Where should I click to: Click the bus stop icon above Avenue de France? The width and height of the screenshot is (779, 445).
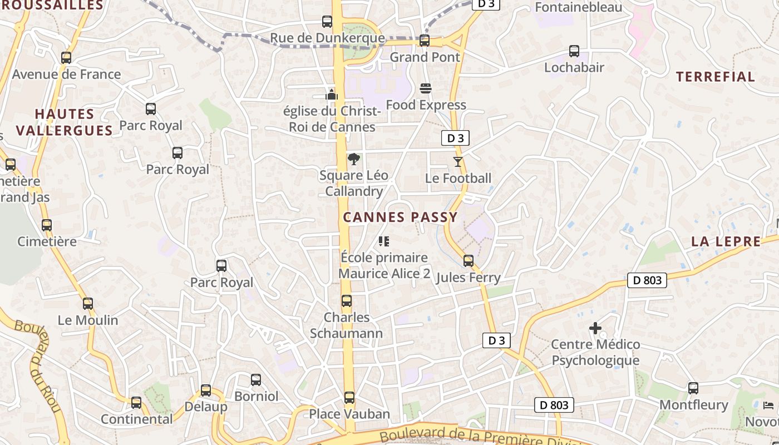[x=66, y=57]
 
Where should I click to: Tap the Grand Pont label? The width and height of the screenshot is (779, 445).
[x=425, y=57]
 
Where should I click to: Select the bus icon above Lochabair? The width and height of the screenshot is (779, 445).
[x=574, y=51]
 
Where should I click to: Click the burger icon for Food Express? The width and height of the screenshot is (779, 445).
[x=426, y=88]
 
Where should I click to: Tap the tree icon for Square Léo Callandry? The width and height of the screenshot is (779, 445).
[x=353, y=160]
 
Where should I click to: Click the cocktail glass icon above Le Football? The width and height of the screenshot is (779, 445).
[x=458, y=162]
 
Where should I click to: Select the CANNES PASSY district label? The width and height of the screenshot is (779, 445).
[x=400, y=217]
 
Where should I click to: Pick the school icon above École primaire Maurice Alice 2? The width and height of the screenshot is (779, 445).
[x=384, y=241]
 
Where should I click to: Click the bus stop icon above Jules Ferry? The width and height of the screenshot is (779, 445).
[x=469, y=261]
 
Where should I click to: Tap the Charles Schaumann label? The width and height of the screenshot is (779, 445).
[x=346, y=325]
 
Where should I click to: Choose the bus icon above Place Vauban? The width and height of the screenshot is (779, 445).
[x=349, y=398]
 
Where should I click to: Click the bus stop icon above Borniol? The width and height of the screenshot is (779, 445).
[x=256, y=380]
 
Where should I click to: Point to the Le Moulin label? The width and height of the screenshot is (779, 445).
[x=88, y=320]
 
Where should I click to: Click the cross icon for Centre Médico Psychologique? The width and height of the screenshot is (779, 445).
[x=595, y=328]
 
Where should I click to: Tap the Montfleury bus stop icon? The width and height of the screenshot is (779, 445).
[x=693, y=388]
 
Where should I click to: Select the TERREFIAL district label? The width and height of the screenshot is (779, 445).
[x=715, y=77]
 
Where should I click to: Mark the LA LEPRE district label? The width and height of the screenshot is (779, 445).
[x=726, y=241]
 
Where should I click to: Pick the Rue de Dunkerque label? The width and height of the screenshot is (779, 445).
[x=327, y=38]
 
